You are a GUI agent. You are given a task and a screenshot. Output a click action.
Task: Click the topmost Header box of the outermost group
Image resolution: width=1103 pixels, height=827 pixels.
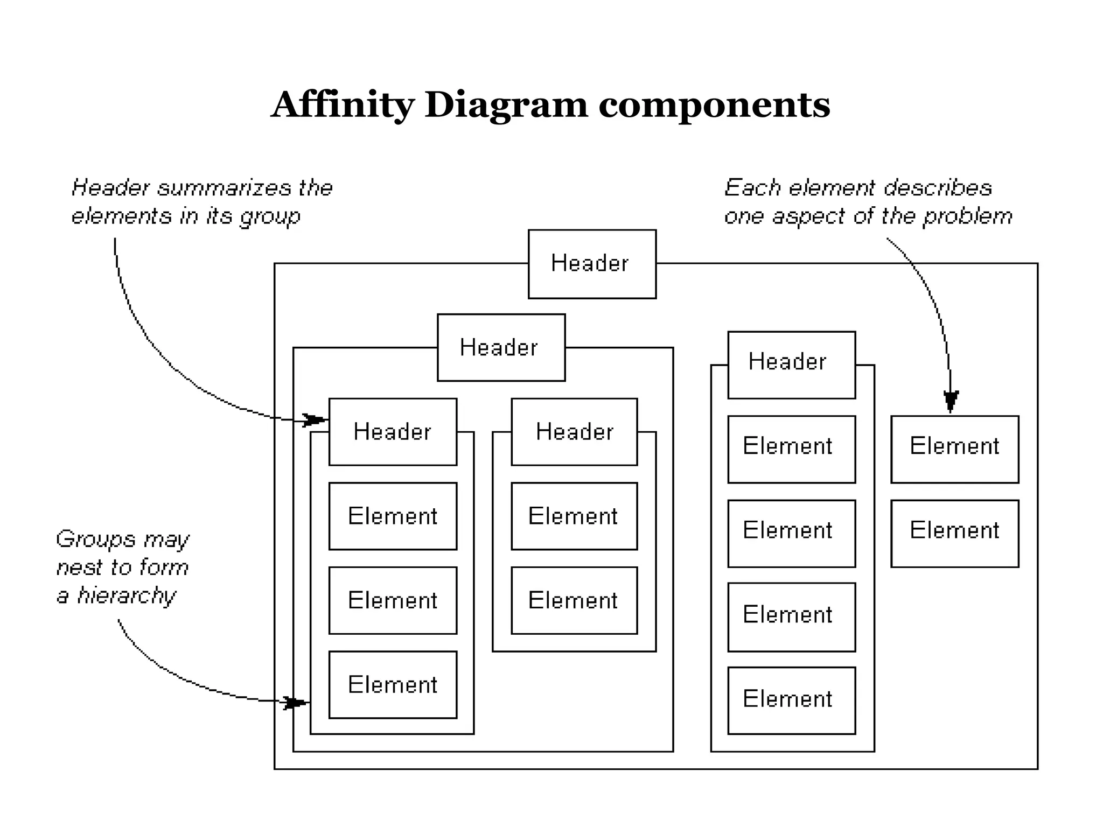click(591, 264)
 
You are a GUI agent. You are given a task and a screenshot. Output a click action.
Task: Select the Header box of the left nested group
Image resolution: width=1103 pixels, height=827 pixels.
click(501, 347)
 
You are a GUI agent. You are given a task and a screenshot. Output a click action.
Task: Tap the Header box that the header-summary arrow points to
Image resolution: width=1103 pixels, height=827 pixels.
click(393, 432)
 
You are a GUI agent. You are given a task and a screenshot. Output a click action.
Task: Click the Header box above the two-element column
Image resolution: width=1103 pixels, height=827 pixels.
click(574, 432)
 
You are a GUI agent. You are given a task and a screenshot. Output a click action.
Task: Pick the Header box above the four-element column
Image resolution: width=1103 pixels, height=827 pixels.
click(791, 365)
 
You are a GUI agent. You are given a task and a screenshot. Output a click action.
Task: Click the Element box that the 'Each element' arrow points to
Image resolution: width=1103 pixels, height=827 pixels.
click(954, 449)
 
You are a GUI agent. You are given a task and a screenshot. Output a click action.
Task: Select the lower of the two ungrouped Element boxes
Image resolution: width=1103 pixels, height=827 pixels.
click(954, 534)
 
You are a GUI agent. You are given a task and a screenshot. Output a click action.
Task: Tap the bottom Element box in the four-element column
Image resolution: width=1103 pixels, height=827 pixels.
click(791, 700)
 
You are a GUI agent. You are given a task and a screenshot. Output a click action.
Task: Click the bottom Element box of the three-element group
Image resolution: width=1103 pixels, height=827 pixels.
click(393, 685)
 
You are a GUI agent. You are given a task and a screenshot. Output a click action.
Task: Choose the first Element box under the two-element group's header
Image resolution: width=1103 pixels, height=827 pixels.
click(574, 516)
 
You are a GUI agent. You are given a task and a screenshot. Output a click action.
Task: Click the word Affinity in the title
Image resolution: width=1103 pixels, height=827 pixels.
click(343, 104)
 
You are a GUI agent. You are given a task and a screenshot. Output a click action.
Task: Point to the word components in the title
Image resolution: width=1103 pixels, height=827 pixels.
click(714, 106)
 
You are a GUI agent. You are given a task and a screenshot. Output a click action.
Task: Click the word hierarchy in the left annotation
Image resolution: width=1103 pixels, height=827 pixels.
click(127, 596)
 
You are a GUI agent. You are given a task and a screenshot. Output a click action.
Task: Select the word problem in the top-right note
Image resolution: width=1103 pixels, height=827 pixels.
click(967, 217)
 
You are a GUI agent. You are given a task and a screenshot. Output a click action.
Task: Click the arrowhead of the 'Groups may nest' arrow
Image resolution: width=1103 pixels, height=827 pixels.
click(295, 703)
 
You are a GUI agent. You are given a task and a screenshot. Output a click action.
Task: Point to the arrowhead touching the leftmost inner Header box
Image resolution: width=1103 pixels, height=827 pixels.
click(313, 419)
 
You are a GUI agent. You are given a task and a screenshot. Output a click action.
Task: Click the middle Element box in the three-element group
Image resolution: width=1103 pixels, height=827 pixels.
click(393, 600)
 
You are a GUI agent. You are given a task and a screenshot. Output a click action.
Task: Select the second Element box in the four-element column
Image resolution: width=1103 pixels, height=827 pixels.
click(791, 534)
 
